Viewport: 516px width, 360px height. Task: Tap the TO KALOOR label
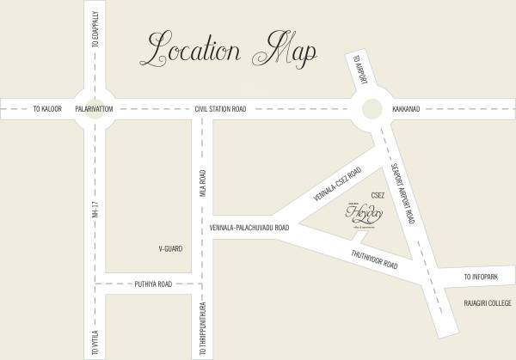click(x=49, y=109)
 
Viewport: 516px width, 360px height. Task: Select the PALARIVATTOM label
click(x=95, y=109)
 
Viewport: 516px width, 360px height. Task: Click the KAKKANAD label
click(x=405, y=109)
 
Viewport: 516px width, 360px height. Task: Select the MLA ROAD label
click(x=204, y=186)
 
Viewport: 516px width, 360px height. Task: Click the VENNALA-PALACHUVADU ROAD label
click(x=249, y=229)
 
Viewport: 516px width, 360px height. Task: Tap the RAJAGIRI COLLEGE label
click(x=488, y=303)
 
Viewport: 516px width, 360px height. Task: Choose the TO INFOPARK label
click(x=481, y=278)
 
